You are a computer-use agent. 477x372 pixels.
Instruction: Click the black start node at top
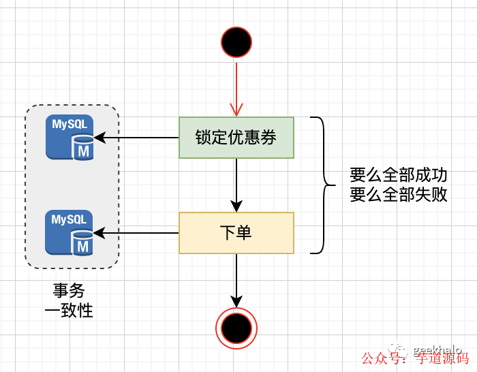click(236, 43)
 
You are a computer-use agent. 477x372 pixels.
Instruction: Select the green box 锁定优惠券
click(236, 138)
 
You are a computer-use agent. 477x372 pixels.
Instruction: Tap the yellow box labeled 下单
click(236, 233)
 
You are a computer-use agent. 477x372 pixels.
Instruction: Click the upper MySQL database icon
click(70, 138)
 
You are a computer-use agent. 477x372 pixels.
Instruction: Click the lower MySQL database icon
click(70, 233)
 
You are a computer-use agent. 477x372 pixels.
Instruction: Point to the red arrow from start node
click(236, 89)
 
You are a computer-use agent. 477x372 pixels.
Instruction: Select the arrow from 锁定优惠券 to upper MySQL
click(136, 138)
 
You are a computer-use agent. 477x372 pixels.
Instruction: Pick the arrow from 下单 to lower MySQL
click(136, 233)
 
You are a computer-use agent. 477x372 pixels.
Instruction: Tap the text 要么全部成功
click(399, 175)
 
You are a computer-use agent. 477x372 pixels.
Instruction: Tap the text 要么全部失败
click(399, 195)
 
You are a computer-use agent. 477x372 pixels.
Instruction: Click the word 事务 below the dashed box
click(69, 291)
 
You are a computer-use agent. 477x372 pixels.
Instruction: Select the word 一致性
click(69, 311)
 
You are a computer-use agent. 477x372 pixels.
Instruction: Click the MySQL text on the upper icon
click(70, 125)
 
